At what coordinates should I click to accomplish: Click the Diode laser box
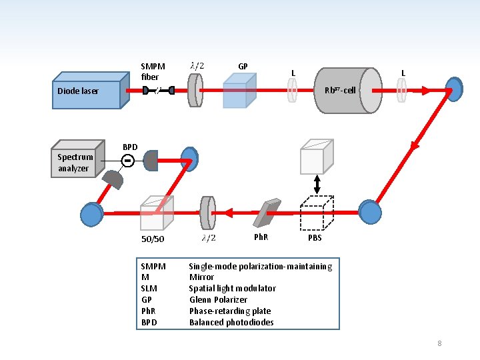click(x=91, y=90)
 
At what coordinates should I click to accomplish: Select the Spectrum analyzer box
click(x=78, y=159)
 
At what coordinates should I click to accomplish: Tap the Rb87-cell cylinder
click(x=349, y=90)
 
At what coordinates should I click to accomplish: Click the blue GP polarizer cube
click(x=240, y=91)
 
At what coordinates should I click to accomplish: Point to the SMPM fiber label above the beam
click(x=153, y=71)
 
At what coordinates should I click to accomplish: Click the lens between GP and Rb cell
click(x=293, y=90)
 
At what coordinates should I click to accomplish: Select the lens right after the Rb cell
click(x=401, y=90)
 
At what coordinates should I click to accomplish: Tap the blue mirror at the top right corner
click(x=454, y=89)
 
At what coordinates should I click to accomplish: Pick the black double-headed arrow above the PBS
click(x=317, y=184)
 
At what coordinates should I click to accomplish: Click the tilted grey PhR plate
click(x=267, y=213)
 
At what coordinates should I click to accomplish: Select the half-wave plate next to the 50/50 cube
click(x=207, y=213)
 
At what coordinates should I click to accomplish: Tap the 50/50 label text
click(x=153, y=239)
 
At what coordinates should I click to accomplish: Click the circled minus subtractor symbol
click(x=127, y=161)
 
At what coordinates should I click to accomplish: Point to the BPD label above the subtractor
click(x=130, y=147)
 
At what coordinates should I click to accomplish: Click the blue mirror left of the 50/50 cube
click(x=92, y=214)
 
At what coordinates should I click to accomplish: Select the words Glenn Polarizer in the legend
click(x=218, y=299)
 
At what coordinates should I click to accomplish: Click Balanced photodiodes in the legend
click(x=231, y=322)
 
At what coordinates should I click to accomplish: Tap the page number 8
click(x=439, y=343)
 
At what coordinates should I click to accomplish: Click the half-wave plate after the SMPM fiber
click(x=195, y=90)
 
